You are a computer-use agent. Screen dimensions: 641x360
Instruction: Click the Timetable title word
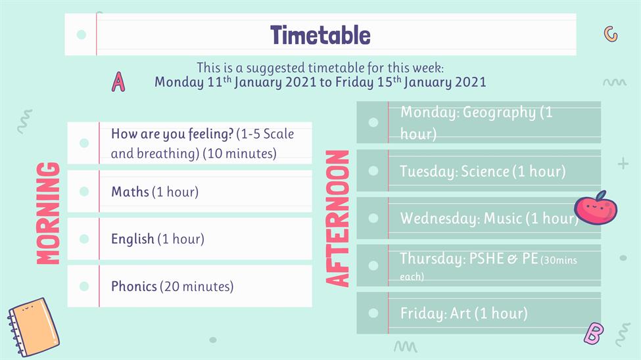320,35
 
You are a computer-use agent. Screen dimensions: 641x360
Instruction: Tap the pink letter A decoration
118,81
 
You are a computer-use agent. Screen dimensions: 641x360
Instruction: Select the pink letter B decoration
594,334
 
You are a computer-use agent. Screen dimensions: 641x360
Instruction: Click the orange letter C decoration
611,34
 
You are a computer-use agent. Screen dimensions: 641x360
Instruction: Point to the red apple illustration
596,208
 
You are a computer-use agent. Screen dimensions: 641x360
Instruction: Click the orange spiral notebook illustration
33,327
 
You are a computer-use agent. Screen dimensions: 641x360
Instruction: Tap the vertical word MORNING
48,214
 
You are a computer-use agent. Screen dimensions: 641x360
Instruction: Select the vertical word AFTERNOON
337,218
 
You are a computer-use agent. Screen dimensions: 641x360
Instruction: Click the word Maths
130,192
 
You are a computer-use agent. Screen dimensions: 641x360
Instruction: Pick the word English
133,239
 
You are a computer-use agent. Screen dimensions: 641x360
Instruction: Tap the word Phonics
134,286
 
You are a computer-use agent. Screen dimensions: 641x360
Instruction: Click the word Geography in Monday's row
499,112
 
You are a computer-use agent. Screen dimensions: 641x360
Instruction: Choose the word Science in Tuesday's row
485,171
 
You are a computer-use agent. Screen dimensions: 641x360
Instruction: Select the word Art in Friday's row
460,313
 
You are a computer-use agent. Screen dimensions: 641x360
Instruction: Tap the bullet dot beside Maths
84,191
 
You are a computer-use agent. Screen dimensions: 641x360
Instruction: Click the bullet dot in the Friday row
373,313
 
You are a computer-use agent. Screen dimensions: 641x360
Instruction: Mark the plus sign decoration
623,164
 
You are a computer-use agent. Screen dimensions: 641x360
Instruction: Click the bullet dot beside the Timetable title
82,35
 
